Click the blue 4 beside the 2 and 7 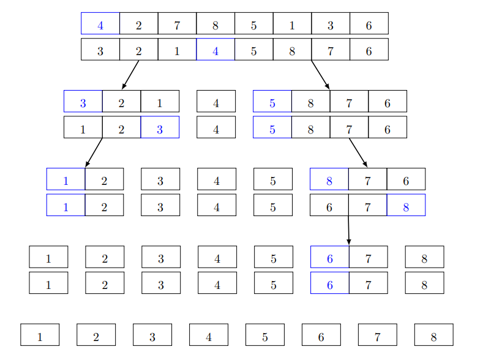coord(100,26)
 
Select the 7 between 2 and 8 coord(177,26)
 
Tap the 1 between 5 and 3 coord(292,26)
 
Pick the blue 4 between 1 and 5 coord(215,51)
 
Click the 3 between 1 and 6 coord(331,26)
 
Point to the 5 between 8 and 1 coord(253,26)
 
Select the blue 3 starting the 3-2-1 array coord(83,103)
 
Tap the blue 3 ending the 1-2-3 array coord(160,129)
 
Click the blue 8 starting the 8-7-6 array coord(329,181)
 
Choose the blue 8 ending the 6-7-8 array coord(406,207)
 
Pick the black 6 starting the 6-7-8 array coord(329,207)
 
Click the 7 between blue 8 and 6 coord(368,181)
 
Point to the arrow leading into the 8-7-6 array coord(358,152)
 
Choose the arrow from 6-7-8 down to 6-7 coord(348,231)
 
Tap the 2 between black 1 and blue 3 coord(121,129)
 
